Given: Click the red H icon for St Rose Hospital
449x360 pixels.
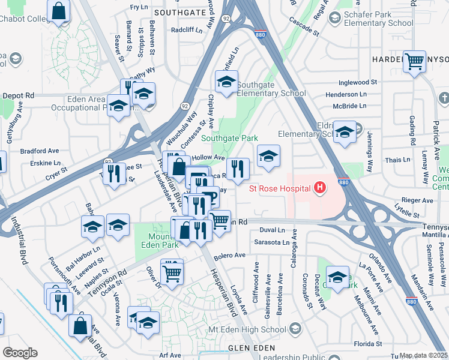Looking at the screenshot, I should coord(320,188).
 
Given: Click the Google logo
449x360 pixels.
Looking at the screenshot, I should coord(20,353).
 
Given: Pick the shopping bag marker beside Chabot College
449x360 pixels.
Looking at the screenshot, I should coord(59,11).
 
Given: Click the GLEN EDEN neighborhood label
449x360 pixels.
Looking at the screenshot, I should coord(251,348).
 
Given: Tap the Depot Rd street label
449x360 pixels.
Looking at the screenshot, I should coord(19,95).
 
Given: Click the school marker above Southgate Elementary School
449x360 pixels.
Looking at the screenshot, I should coord(226,82).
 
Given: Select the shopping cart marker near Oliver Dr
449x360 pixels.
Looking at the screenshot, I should coord(172,272).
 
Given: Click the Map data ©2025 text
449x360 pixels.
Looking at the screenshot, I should coord(423,355).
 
